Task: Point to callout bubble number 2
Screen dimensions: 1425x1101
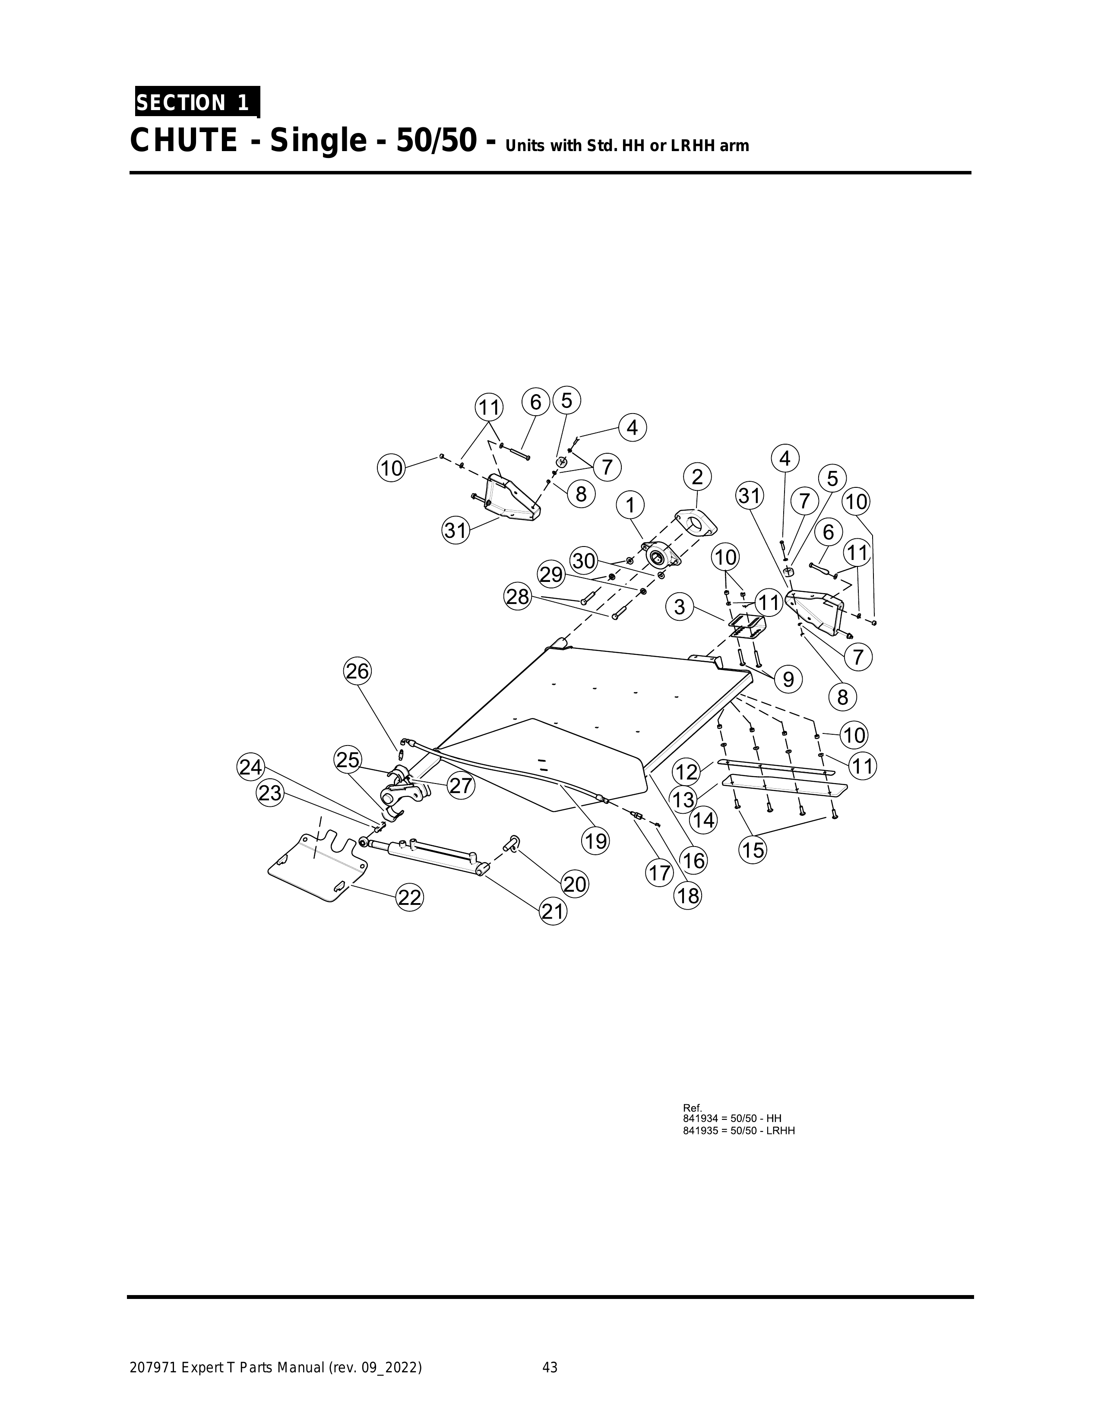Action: point(697,477)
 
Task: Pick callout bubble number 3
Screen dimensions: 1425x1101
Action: point(680,607)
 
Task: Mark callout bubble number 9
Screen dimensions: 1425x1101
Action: point(788,680)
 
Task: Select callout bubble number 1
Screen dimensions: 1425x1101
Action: point(630,505)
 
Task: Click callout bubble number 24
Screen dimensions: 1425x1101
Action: point(250,767)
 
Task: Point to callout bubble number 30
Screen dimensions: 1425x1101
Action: point(584,561)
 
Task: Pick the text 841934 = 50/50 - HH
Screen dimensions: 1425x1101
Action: point(731,1120)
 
